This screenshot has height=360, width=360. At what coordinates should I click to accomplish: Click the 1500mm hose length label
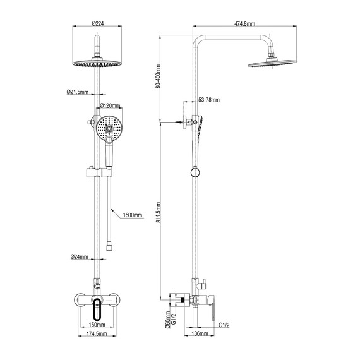click(x=132, y=215)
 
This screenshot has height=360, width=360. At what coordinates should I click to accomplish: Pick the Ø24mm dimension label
click(x=78, y=257)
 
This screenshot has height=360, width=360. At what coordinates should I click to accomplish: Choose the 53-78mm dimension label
click(x=208, y=100)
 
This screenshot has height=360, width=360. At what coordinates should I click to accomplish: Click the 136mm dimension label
click(x=199, y=333)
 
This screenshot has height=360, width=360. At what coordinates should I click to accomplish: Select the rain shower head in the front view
click(x=97, y=64)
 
